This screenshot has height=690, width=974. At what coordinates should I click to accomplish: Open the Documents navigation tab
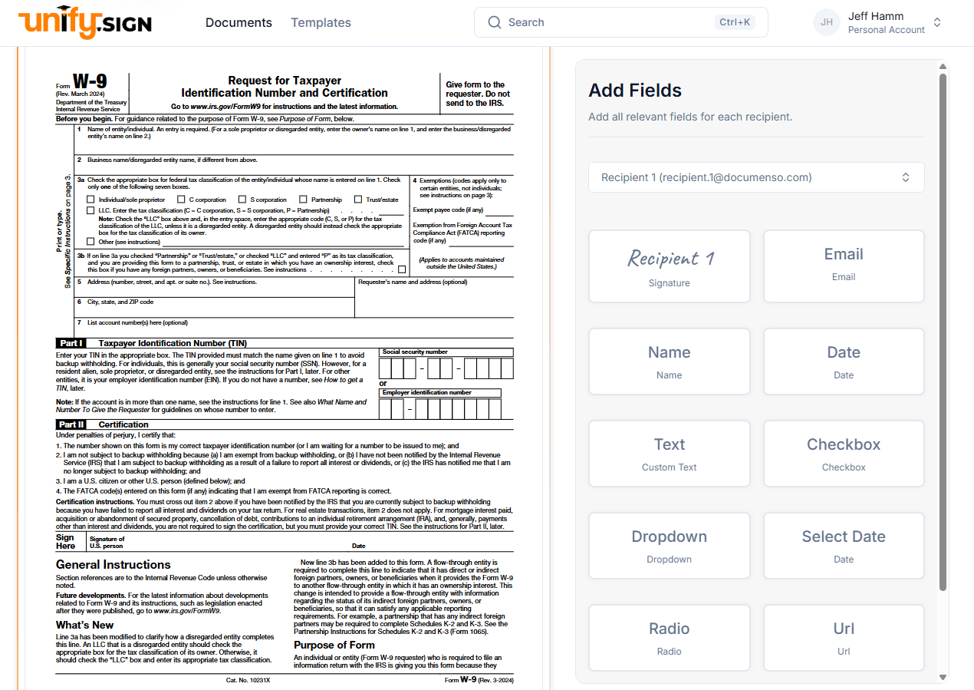[x=239, y=22]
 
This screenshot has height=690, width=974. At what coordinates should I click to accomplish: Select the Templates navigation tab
[x=321, y=22]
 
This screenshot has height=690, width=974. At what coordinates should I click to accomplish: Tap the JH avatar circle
[x=827, y=22]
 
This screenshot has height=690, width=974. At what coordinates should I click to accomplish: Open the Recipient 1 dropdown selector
[x=756, y=177]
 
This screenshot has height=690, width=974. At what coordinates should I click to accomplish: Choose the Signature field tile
[x=669, y=266]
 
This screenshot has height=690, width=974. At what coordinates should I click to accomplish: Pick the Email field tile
[x=844, y=266]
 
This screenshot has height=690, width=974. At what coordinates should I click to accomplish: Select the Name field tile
[x=669, y=362]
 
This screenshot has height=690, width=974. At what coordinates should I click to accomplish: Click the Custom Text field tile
[x=669, y=454]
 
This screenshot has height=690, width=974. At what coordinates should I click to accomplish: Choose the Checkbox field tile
[x=844, y=454]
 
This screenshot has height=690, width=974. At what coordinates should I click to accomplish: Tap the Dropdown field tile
[x=669, y=546]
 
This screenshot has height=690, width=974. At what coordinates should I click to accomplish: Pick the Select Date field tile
[x=844, y=546]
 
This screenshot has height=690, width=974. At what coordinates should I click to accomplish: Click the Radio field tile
[x=669, y=638]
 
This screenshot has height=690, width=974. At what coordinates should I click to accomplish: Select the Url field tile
[x=844, y=638]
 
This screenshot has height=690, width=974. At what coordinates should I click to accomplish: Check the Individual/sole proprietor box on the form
[x=91, y=200]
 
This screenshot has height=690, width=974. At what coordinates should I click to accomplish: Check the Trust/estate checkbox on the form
[x=357, y=200]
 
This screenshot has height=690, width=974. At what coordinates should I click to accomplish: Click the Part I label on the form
[x=71, y=343]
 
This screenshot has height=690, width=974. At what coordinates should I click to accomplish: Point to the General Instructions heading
[x=113, y=565]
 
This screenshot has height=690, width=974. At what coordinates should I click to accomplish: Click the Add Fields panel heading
[x=634, y=91]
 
